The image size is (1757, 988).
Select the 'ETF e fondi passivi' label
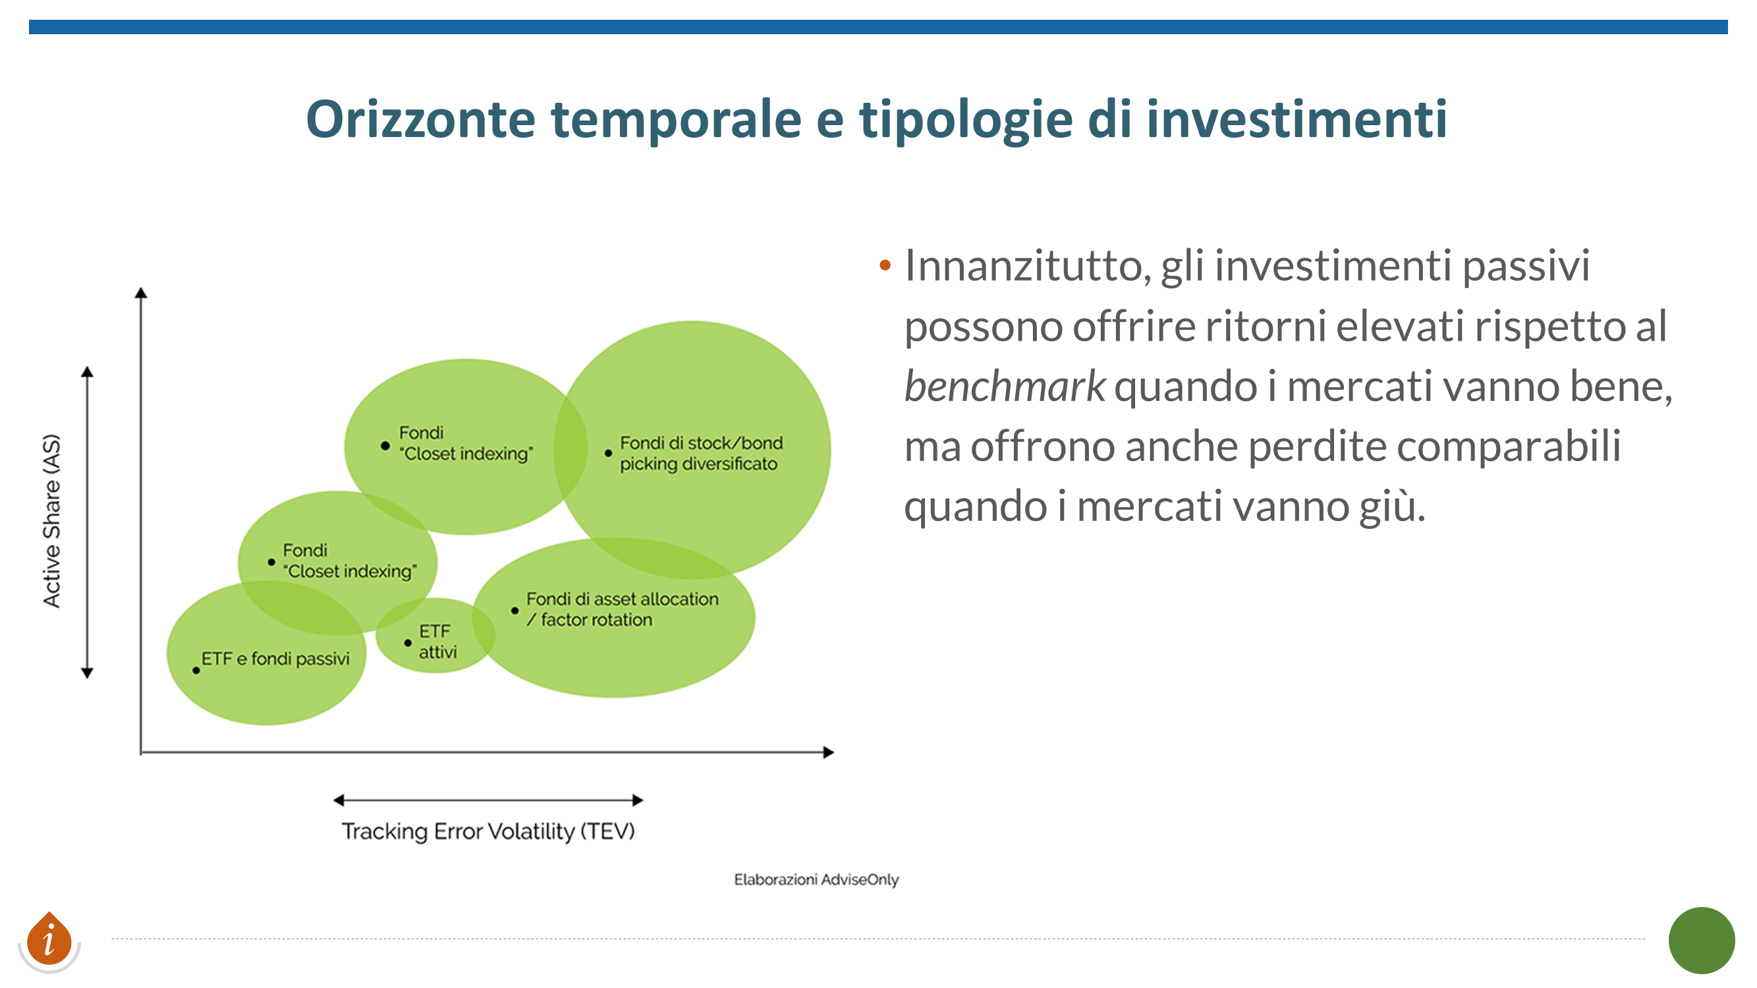point(275,659)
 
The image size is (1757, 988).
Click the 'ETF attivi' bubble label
point(437,641)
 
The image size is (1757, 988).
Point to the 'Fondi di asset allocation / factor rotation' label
point(622,609)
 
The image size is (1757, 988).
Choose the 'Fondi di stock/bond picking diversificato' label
point(701,453)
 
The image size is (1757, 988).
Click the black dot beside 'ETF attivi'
point(408,643)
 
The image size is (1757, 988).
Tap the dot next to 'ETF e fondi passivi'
point(196,671)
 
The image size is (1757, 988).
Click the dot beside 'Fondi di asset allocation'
point(515,611)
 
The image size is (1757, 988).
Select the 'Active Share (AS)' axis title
point(52,520)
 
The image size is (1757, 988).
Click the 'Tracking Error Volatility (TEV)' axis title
point(488,831)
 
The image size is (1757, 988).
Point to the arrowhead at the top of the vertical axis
point(141,292)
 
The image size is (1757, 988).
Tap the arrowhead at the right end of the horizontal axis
point(829,752)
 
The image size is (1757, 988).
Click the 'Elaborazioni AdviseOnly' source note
point(816,879)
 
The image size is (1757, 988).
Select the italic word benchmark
point(1005,386)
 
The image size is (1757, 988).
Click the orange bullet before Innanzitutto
point(885,265)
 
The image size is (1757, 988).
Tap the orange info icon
point(49,940)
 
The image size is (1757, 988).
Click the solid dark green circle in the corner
point(1702,941)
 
